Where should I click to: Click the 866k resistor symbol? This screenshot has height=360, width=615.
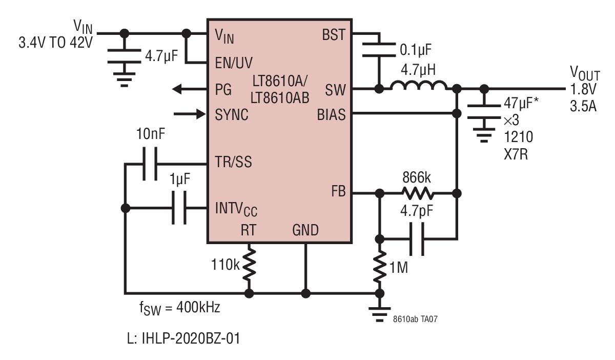point(418,193)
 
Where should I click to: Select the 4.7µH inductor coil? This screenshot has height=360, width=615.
point(418,85)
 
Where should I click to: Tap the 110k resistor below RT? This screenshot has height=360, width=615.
point(249,265)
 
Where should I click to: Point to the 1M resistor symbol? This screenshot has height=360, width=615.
point(380,267)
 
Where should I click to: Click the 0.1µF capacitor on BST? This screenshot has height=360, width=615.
point(379,50)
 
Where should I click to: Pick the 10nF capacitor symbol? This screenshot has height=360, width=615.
point(150,164)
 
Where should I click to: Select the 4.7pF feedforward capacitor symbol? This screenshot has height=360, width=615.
point(417,239)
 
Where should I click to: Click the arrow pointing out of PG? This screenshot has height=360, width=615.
point(190,89)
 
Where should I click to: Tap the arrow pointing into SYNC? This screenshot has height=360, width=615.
point(190,114)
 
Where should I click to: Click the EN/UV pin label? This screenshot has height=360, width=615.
point(234,63)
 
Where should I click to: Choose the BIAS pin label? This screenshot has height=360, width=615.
point(331,114)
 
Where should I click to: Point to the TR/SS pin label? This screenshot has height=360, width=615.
point(233,162)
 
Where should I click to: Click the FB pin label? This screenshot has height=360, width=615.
point(338,191)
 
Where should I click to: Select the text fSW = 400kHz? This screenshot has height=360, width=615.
point(180,308)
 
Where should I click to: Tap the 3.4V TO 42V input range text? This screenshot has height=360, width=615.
point(56,43)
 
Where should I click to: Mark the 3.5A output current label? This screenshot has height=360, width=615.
point(583,106)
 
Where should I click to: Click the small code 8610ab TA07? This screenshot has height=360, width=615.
point(415,319)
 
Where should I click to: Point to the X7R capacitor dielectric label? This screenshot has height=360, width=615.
point(516,154)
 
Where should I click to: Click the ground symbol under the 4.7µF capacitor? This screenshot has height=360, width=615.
point(125,79)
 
